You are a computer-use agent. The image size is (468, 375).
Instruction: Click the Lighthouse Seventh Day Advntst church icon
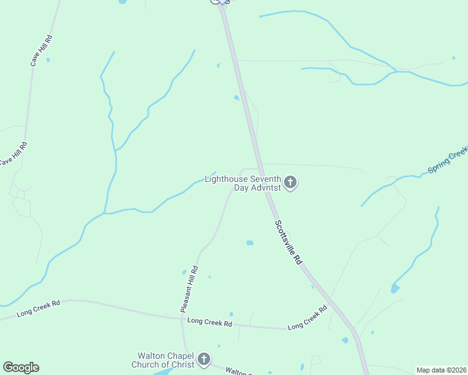[290, 182]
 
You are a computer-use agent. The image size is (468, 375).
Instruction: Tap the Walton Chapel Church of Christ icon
[203, 359]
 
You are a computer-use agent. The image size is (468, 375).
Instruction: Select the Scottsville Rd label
[288, 244]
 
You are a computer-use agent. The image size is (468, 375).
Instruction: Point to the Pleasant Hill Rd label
[189, 289]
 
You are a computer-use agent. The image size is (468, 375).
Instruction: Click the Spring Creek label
[448, 161]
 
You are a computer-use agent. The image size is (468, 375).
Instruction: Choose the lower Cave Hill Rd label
[14, 153]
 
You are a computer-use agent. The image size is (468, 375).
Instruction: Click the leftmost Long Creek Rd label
[39, 308]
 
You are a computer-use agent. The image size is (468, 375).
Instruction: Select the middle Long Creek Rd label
[210, 323]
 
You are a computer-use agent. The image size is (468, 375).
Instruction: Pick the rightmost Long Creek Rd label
[307, 318]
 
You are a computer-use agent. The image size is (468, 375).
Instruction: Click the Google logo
[21, 367]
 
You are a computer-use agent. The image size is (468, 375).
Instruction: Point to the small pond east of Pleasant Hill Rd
[250, 242]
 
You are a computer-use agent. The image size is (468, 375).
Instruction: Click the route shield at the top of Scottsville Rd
[220, 1]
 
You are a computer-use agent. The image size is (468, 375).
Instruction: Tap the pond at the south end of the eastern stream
[395, 288]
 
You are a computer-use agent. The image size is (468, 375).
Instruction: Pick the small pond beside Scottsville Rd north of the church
[236, 97]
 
